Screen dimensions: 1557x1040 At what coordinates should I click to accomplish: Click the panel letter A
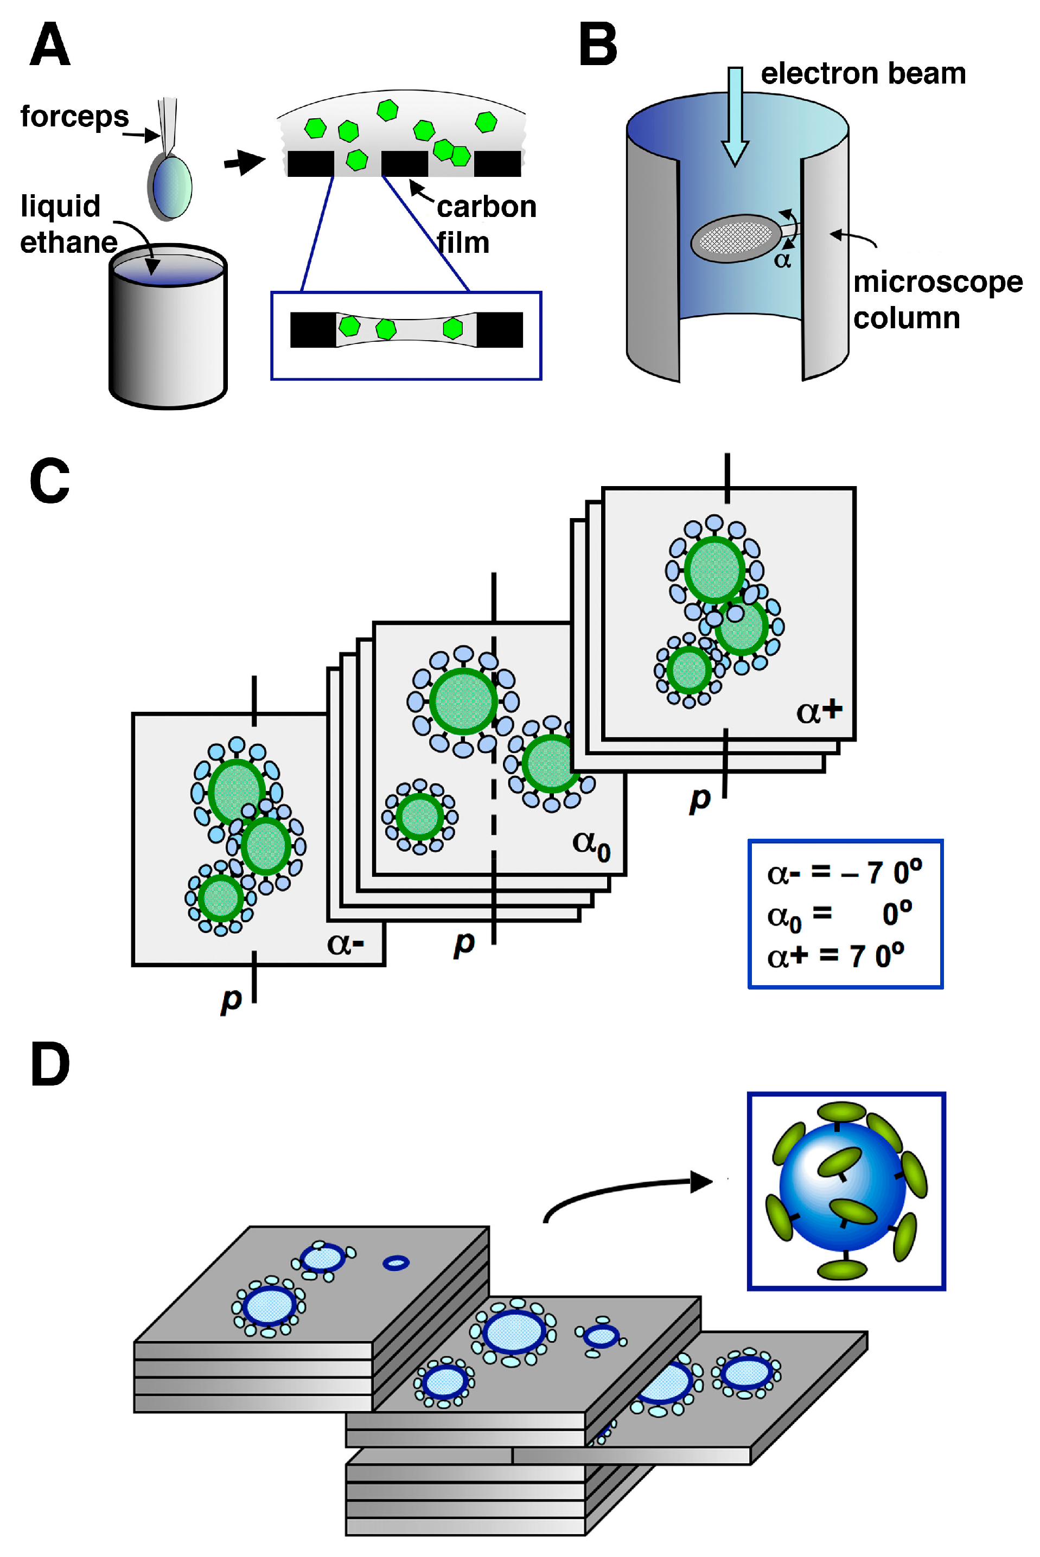(x=50, y=44)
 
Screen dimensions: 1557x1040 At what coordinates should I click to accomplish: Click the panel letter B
(x=598, y=44)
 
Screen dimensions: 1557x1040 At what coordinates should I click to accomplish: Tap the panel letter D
(x=50, y=1064)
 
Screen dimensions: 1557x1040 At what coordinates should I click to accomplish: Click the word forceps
(x=74, y=117)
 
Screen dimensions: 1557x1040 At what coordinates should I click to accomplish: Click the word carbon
(x=486, y=207)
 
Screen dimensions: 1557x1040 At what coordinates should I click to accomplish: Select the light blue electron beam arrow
(x=735, y=116)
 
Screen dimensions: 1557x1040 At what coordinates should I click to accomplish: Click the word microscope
(x=937, y=283)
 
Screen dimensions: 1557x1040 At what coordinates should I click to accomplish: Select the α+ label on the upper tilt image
(x=819, y=712)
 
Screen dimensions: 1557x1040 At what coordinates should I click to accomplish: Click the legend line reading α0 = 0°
(x=839, y=915)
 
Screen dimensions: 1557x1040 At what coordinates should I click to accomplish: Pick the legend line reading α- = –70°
(x=844, y=872)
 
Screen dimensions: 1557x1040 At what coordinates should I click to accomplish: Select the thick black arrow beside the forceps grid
(x=244, y=161)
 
